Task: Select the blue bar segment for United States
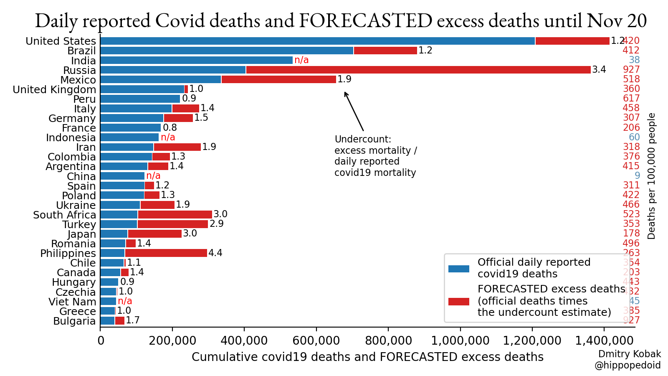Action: pos(317,41)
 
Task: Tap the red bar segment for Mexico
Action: pos(278,79)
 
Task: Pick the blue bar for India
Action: pos(196,60)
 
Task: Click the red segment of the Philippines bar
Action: pos(166,253)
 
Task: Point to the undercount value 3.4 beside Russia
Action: pos(599,69)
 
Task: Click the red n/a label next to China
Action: pos(153,175)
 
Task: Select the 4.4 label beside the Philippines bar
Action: pos(215,253)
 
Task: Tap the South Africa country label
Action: pos(65,215)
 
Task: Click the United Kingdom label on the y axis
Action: pos(54,89)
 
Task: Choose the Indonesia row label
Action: pos(71,137)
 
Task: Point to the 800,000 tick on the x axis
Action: pos(388,340)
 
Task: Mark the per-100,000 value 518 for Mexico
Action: pos(631,79)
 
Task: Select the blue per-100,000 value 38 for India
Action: pos(634,60)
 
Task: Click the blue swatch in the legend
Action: pos(458,269)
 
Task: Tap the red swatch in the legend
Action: pos(458,301)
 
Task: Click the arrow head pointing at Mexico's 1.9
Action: pos(345,93)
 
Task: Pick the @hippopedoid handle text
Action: pos(628,366)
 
